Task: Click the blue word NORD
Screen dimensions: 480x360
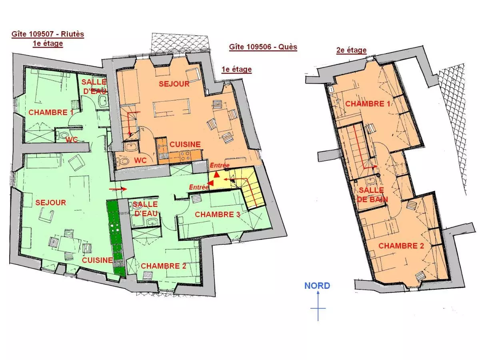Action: (317, 286)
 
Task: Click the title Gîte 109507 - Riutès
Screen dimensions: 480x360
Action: (48, 34)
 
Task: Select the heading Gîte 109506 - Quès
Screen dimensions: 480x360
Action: (263, 47)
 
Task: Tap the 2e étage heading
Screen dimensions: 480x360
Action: (351, 50)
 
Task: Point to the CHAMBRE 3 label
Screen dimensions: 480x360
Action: (217, 214)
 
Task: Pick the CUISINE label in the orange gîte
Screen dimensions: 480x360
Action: (185, 144)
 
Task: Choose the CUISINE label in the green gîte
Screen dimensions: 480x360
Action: (97, 260)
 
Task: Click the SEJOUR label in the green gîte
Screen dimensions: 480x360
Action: (50, 202)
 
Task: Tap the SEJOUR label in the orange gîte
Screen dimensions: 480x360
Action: (174, 84)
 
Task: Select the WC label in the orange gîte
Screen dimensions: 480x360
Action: (140, 160)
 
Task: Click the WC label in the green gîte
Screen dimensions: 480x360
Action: (72, 139)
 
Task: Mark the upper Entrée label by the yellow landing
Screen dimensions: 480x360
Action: (220, 165)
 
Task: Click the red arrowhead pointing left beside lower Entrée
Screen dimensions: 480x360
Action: (211, 183)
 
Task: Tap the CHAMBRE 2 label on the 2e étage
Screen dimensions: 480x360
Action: (401, 246)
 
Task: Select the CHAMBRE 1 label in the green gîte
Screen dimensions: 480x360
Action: (51, 112)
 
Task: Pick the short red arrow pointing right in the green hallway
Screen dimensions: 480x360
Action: (118, 189)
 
